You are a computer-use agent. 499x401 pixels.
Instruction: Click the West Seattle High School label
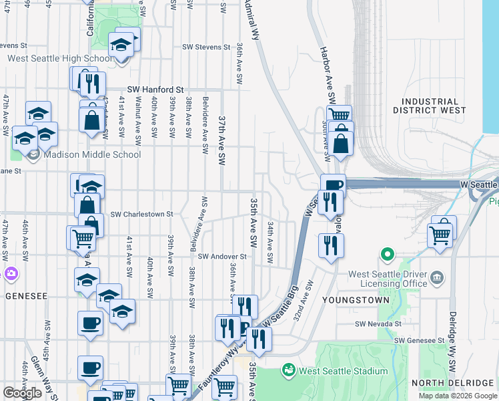tap(60, 58)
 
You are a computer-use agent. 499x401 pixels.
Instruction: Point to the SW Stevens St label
tap(207, 47)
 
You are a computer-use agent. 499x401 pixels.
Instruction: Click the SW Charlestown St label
tap(141, 215)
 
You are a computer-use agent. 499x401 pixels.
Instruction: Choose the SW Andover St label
tap(222, 257)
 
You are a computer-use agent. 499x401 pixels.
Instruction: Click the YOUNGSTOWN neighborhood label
tap(356, 301)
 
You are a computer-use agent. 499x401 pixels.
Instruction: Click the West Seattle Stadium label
tap(343, 371)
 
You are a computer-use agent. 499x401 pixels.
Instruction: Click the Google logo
tap(22, 393)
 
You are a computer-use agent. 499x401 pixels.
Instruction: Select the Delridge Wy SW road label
tap(452, 348)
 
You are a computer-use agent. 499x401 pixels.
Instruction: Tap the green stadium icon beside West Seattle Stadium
tap(289, 369)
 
